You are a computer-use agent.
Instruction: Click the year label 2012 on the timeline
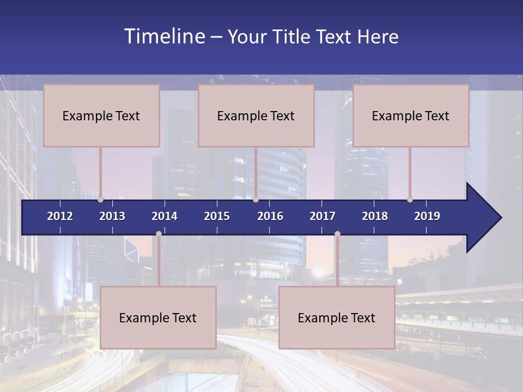click(x=60, y=216)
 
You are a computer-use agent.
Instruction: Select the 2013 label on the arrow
click(x=112, y=216)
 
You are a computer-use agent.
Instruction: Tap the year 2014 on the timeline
click(x=165, y=216)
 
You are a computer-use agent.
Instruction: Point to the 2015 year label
click(x=217, y=216)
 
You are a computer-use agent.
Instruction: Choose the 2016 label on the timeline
click(x=270, y=216)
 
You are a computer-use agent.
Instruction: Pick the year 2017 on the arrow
click(x=323, y=216)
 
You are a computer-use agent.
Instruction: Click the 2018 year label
click(x=375, y=216)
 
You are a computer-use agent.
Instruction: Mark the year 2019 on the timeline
click(x=427, y=216)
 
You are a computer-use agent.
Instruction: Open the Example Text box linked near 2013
click(x=101, y=116)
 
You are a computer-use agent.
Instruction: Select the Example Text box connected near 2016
click(x=256, y=116)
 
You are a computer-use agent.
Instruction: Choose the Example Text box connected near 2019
click(x=411, y=116)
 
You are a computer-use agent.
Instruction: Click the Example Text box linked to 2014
click(x=158, y=317)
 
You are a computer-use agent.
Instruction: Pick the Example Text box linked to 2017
click(x=337, y=317)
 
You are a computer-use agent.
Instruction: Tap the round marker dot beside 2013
click(x=101, y=200)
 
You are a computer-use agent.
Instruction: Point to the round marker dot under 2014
click(x=159, y=234)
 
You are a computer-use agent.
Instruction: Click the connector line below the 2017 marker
click(x=337, y=261)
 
